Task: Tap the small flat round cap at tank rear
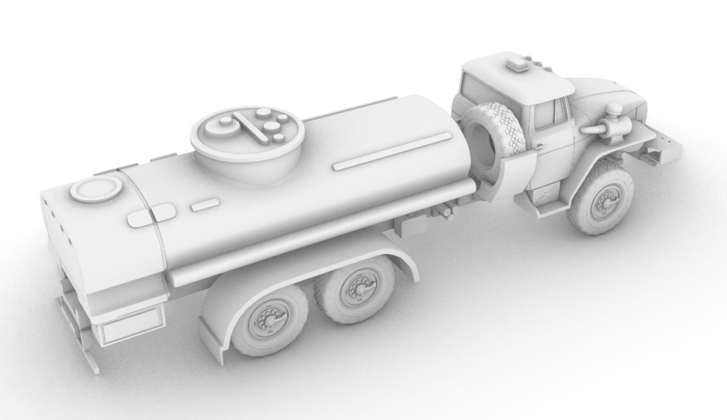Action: (x=96, y=189)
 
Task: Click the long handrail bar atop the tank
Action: (x=392, y=152)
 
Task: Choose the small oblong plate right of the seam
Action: (x=205, y=204)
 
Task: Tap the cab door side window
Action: (x=549, y=114)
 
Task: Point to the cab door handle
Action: (x=539, y=146)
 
